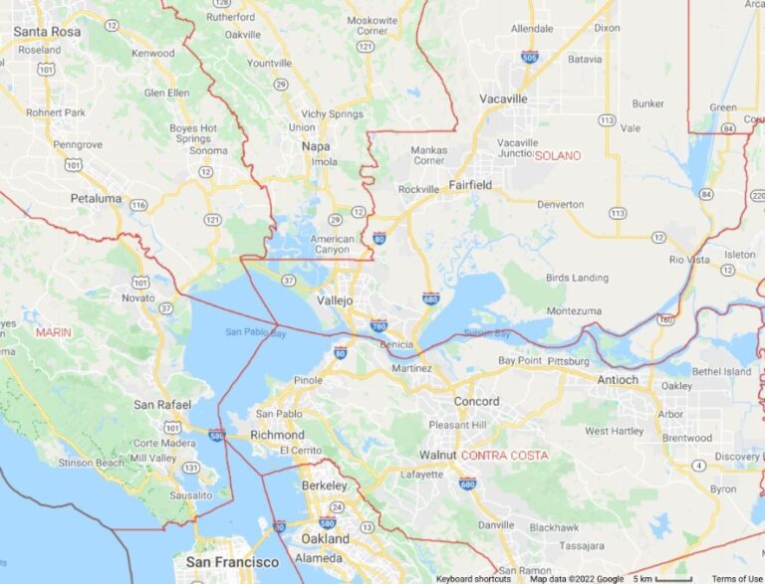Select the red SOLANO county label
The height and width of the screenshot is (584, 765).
click(x=558, y=155)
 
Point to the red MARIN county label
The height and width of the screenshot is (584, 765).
click(x=53, y=332)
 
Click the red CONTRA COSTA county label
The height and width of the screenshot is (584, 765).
click(x=504, y=455)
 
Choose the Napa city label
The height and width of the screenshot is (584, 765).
click(x=316, y=145)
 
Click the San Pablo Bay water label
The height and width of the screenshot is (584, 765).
click(x=256, y=332)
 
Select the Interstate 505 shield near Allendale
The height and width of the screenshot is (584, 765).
click(x=530, y=57)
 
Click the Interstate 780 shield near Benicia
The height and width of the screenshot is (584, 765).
click(x=379, y=325)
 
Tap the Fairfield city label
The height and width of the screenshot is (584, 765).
click(x=470, y=184)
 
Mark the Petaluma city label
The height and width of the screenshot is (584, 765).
click(x=96, y=198)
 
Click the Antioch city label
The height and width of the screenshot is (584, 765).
click(x=619, y=379)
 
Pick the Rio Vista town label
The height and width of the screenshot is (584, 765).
click(x=690, y=260)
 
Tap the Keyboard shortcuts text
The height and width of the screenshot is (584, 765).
click(x=473, y=578)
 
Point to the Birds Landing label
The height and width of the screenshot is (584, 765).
click(x=577, y=277)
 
